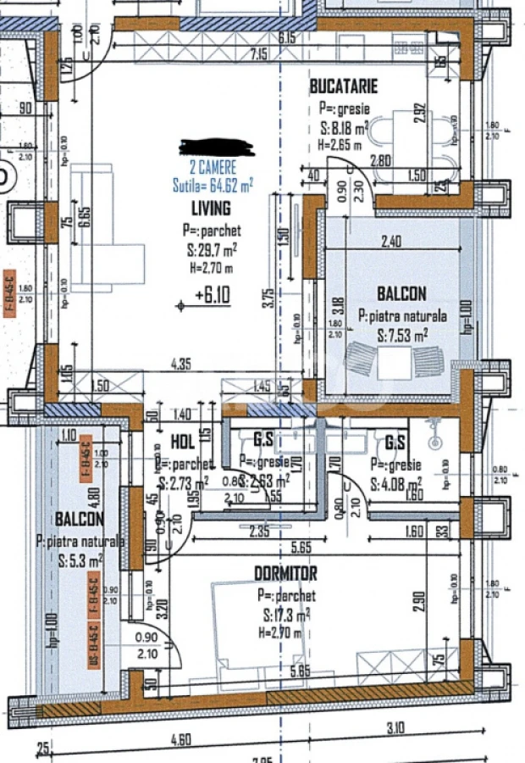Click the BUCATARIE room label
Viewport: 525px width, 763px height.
pos(343,86)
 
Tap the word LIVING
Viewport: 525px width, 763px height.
pos(212,208)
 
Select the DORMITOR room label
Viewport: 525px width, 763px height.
pos(286,574)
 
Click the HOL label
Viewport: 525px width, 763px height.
pos(183,441)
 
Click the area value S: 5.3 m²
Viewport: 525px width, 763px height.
pos(80,560)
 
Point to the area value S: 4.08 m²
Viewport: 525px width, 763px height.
pos(396,486)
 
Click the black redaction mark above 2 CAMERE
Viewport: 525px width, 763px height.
pos(217,148)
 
